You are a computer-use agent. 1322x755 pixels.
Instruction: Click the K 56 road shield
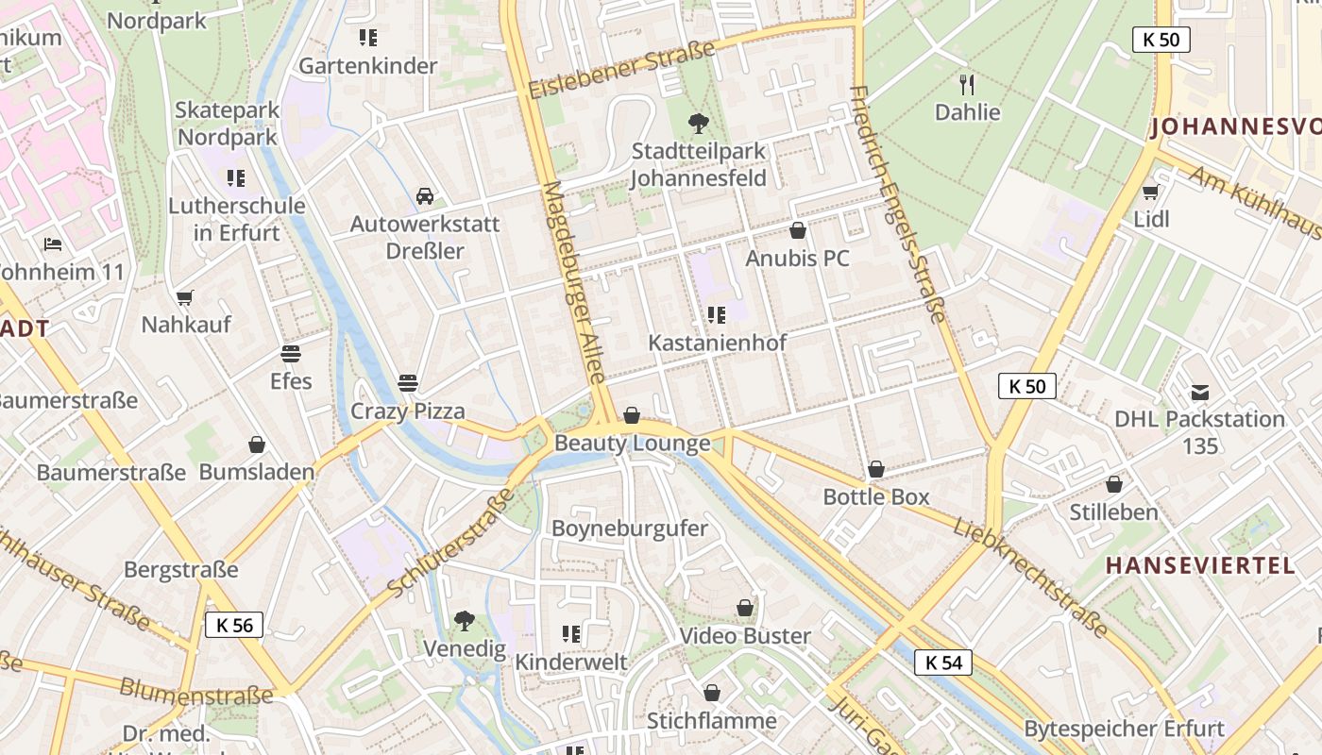pyautogui.click(x=234, y=625)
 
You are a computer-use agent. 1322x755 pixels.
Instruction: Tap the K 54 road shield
pyautogui.click(x=942, y=663)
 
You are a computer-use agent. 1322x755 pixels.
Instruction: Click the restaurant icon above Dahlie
pyautogui.click(x=967, y=85)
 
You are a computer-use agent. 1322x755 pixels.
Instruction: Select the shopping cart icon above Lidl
pyautogui.click(x=1150, y=192)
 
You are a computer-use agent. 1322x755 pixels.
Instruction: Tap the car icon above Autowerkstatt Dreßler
pyautogui.click(x=425, y=196)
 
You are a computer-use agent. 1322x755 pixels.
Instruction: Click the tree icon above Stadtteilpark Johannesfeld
pyautogui.click(x=699, y=123)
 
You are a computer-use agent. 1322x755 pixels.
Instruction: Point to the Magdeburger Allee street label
pyautogui.click(x=574, y=281)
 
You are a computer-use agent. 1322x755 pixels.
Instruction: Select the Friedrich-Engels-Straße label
pyautogui.click(x=897, y=203)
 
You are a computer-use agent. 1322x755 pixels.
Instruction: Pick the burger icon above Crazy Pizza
pyautogui.click(x=408, y=383)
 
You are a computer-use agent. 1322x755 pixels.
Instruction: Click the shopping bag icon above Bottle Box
pyautogui.click(x=876, y=469)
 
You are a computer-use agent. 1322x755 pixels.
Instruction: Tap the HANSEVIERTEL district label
pyautogui.click(x=1199, y=565)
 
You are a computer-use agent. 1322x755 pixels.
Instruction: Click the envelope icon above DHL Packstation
pyautogui.click(x=1199, y=392)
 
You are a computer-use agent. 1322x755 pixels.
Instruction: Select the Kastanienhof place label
pyautogui.click(x=717, y=343)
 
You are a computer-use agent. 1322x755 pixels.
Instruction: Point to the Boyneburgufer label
pyautogui.click(x=629, y=528)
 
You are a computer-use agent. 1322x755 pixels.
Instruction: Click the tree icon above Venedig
pyautogui.click(x=464, y=620)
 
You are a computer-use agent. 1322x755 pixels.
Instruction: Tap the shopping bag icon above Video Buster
pyautogui.click(x=745, y=608)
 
